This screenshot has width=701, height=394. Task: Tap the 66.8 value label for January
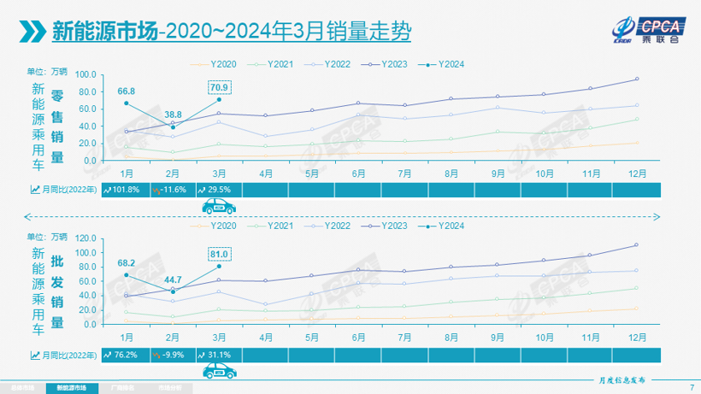coord(127,90)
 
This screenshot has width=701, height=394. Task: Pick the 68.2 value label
coord(127,262)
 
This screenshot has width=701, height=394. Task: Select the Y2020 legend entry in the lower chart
coord(217,226)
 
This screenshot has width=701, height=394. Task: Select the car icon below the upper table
coord(219,206)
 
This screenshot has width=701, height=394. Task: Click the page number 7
coord(690,387)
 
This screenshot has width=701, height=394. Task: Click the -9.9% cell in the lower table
coord(171,354)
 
